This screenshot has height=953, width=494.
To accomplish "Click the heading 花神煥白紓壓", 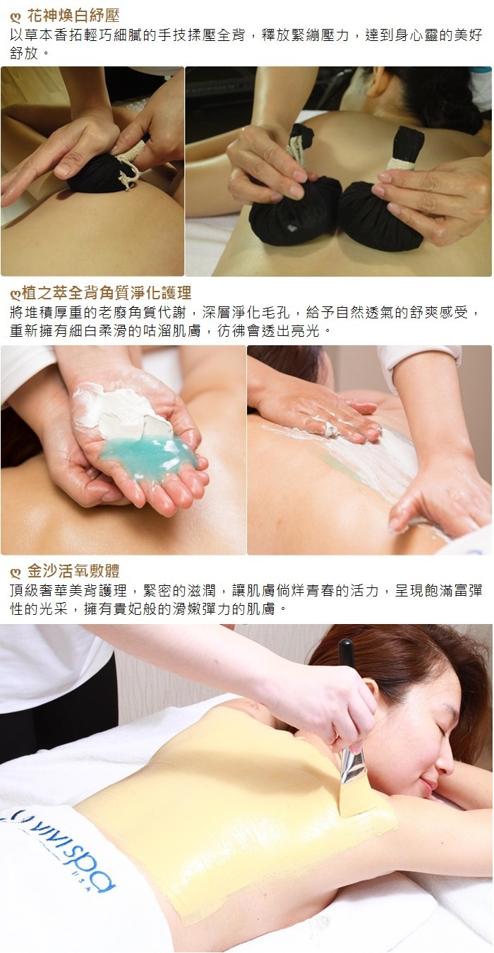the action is point(73,16).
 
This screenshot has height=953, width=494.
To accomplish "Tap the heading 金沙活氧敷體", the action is point(73,571).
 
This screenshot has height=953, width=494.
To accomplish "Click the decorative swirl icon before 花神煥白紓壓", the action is point(16,17).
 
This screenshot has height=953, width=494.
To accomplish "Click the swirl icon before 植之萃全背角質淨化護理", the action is point(16,294).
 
